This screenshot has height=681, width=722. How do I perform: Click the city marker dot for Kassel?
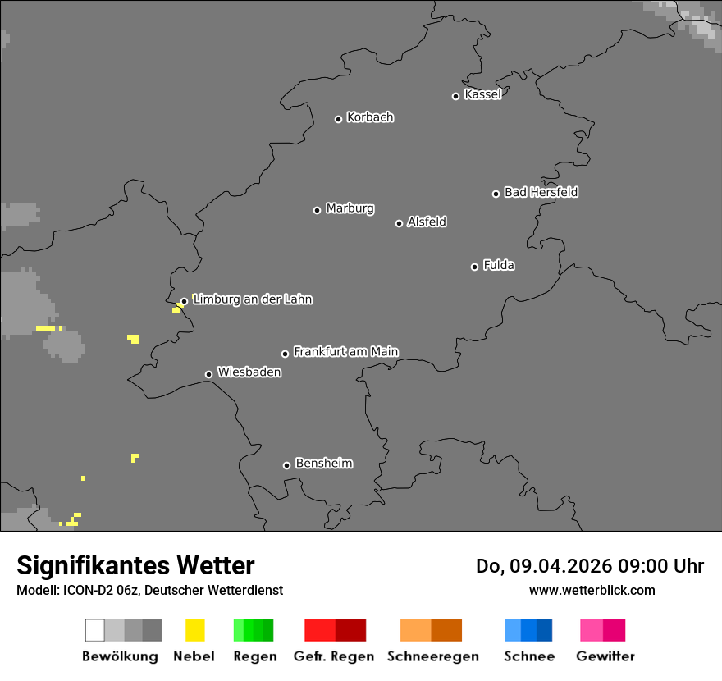pyautogui.click(x=456, y=96)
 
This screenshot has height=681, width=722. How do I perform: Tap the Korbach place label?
pyautogui.click(x=370, y=117)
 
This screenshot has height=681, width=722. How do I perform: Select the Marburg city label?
pyautogui.click(x=350, y=208)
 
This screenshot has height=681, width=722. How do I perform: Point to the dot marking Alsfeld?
pyautogui.click(x=400, y=223)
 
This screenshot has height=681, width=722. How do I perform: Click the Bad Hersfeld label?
pyautogui.click(x=541, y=192)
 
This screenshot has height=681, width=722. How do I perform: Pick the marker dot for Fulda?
pyautogui.click(x=475, y=267)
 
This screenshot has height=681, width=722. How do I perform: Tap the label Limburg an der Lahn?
pyautogui.click(x=252, y=299)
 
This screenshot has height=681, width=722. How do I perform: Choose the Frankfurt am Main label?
pyautogui.click(x=345, y=352)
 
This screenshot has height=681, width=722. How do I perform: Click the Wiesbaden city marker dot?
pyautogui.click(x=209, y=374)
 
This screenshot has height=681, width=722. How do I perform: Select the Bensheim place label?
pyautogui.click(x=323, y=464)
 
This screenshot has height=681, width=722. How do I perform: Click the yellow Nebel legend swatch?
pyautogui.click(x=194, y=630)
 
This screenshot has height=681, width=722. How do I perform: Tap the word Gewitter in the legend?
pyautogui.click(x=605, y=656)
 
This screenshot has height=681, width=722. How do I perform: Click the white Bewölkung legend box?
pyautogui.click(x=95, y=630)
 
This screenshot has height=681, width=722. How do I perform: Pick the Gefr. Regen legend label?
pyautogui.click(x=334, y=656)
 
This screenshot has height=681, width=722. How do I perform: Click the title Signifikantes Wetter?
pyautogui.click(x=135, y=566)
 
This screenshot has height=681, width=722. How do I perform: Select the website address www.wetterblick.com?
pyautogui.click(x=592, y=590)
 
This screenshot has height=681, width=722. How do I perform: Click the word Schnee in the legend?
pyautogui.click(x=529, y=656)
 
